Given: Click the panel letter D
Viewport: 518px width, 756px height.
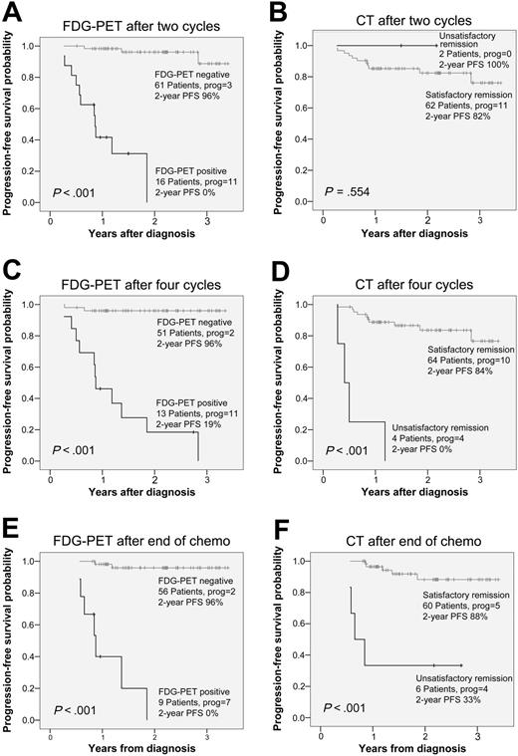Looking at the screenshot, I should coord(278,267).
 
